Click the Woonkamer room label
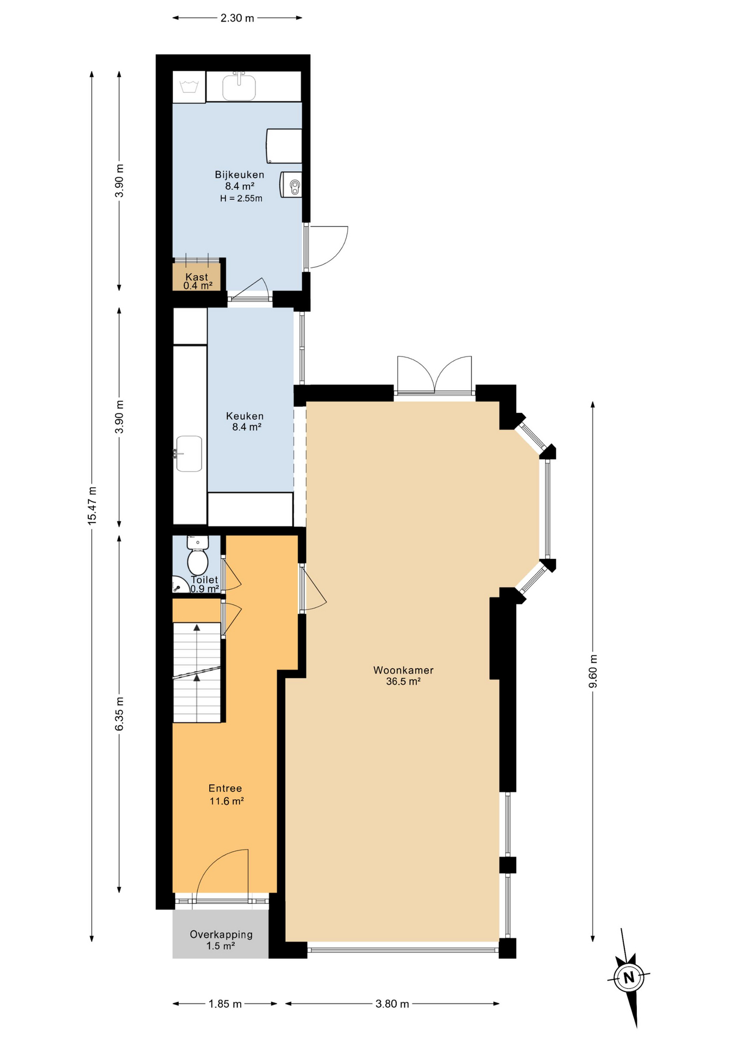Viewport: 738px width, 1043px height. (x=403, y=670)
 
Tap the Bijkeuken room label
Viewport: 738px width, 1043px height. (x=239, y=175)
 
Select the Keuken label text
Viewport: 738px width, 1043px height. (x=245, y=416)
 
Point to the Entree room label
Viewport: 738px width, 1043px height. (x=225, y=788)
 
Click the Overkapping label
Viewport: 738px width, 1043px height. (x=221, y=934)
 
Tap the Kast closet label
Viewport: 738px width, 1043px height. (x=197, y=277)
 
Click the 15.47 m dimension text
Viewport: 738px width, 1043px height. (x=92, y=506)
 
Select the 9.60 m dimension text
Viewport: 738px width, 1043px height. (x=593, y=671)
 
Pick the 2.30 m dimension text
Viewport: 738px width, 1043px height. (x=237, y=18)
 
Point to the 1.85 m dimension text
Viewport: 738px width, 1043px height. (x=225, y=1004)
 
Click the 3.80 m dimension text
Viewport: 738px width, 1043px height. (x=392, y=1004)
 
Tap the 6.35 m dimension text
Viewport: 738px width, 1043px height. (x=120, y=714)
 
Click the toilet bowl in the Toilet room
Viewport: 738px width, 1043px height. (x=197, y=556)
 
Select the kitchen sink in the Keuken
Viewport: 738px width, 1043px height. (x=188, y=454)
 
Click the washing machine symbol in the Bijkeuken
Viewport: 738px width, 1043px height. (x=189, y=86)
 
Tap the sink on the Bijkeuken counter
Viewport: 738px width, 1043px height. (x=239, y=86)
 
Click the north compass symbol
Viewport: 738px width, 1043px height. (x=629, y=978)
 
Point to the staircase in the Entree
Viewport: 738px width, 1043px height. (x=197, y=673)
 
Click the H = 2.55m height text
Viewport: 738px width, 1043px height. (x=241, y=198)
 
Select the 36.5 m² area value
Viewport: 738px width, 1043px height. (x=403, y=681)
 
